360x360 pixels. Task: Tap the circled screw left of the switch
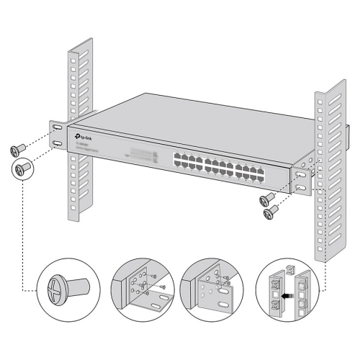coord(22,170)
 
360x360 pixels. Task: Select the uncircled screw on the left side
coord(16,149)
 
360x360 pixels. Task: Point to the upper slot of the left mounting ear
coord(57,128)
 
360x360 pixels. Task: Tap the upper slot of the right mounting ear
coord(300,175)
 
